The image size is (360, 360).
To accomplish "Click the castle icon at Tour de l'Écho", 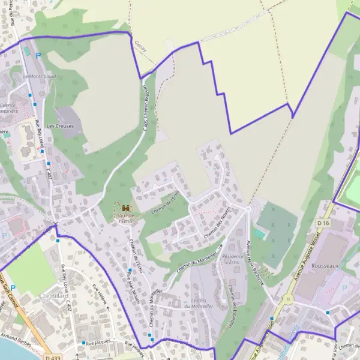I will (125, 208).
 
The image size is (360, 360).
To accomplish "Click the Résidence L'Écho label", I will (231, 259).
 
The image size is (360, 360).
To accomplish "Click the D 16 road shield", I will (324, 223).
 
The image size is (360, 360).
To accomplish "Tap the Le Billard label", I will (55, 296).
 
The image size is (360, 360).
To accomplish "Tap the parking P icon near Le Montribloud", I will (38, 55).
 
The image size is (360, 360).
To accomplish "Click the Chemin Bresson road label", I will (145, 106).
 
